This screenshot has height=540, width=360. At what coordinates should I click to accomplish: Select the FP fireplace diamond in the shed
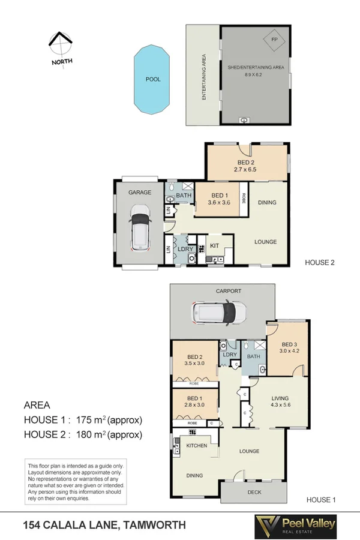[x=275, y=40]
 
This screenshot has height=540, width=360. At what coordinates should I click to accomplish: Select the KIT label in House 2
[x=214, y=246]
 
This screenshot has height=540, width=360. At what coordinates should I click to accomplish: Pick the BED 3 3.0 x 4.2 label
[x=288, y=348]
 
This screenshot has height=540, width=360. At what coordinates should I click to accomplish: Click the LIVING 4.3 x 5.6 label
[x=280, y=401]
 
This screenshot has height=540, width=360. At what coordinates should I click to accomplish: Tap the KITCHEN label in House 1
[x=197, y=446]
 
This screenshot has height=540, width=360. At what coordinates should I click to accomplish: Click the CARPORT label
[x=229, y=291]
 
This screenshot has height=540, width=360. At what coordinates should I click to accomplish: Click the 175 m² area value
[x=94, y=419]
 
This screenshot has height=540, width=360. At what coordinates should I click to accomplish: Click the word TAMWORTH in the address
[x=156, y=525]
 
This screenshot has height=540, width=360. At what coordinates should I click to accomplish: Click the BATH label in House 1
[x=253, y=356]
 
